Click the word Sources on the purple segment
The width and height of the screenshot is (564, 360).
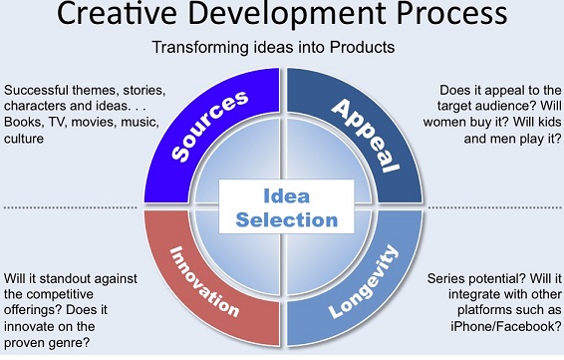coord(209,126)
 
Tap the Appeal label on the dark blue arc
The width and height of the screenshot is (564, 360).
coord(366,136)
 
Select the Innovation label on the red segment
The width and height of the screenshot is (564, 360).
coord(204,281)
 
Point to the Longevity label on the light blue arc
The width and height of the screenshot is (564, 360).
coord(364,281)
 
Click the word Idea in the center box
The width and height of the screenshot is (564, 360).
coord(286,196)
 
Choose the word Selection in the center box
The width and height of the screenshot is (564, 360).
coord(287,220)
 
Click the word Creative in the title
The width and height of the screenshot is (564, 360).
coord(117,13)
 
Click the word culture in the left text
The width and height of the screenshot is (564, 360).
coord(24,139)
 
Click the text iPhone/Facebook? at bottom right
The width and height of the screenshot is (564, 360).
coord(506,326)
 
